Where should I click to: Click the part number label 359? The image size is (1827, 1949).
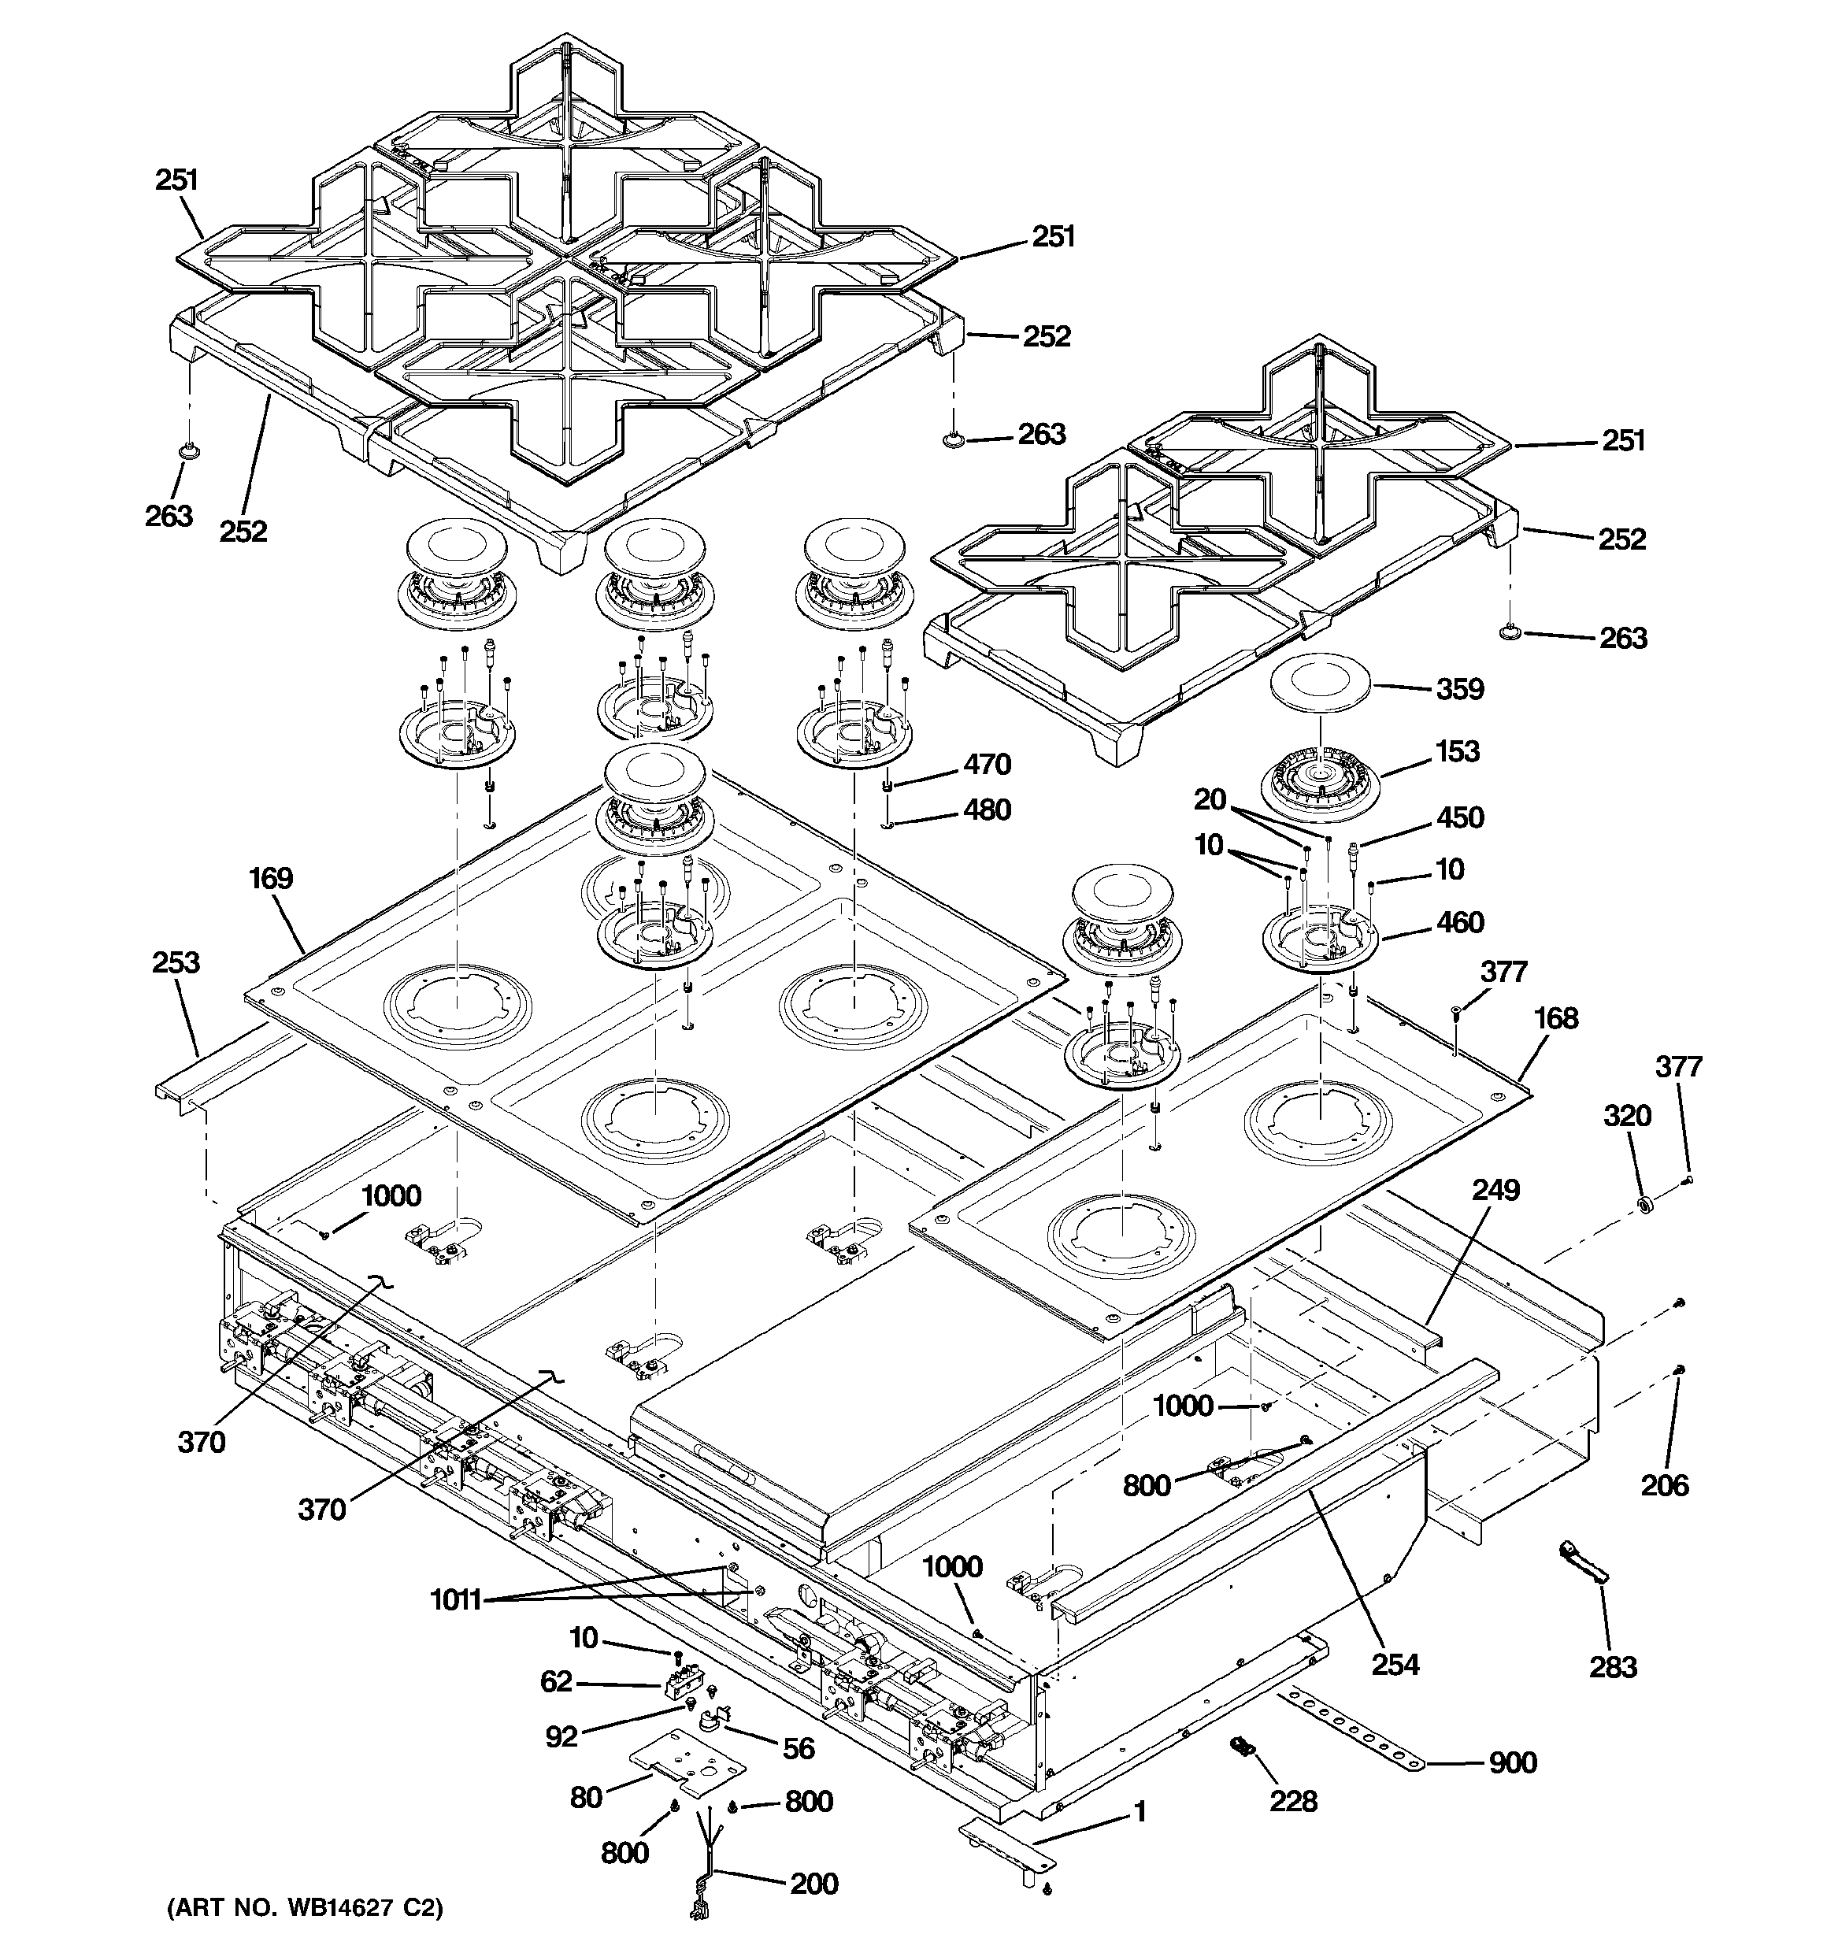(1459, 689)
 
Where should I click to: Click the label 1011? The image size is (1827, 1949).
(456, 1601)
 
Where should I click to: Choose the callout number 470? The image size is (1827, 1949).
(987, 765)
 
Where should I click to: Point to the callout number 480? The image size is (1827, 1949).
(987, 810)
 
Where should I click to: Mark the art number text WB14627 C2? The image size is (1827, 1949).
(304, 1908)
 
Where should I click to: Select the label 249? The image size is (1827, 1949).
(1495, 1190)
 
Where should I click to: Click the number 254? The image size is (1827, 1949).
(1395, 1664)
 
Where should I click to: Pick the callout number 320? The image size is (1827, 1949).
(1627, 1116)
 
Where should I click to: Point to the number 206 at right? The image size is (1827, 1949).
(1664, 1485)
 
